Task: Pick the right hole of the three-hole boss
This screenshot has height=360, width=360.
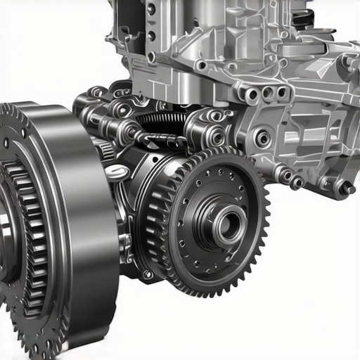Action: [x=281, y=92]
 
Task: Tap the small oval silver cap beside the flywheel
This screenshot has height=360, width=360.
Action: [x=117, y=172]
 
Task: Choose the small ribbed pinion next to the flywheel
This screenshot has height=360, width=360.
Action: [x=105, y=148]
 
